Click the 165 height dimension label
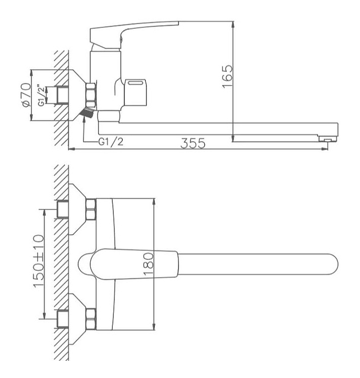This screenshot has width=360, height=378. [x=228, y=77]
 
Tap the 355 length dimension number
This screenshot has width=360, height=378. [x=193, y=143]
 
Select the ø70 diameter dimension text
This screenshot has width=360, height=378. [x=26, y=94]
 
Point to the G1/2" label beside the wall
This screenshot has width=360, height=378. [x=41, y=95]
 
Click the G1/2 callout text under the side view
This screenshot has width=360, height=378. [x=111, y=141]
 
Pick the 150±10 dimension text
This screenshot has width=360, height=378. [x=38, y=261]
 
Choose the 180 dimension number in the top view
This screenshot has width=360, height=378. [x=148, y=264]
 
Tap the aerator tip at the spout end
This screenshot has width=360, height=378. [x=327, y=139]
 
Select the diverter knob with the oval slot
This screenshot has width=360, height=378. [x=135, y=92]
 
